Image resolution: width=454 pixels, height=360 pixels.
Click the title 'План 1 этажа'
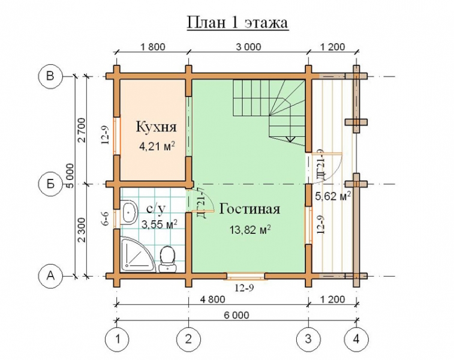(x=237, y=22)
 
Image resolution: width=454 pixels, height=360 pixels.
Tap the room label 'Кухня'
(x=157, y=127)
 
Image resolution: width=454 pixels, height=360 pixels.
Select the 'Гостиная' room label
(x=249, y=209)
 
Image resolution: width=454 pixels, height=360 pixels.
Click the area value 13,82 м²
(x=250, y=230)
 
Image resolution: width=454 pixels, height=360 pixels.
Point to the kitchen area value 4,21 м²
(x=157, y=146)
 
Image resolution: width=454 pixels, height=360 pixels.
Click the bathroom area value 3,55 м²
(x=160, y=224)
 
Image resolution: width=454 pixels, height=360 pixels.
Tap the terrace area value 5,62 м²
(x=333, y=196)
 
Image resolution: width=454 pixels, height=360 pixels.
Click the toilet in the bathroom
(x=167, y=259)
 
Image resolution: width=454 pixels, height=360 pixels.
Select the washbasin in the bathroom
(x=129, y=212)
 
